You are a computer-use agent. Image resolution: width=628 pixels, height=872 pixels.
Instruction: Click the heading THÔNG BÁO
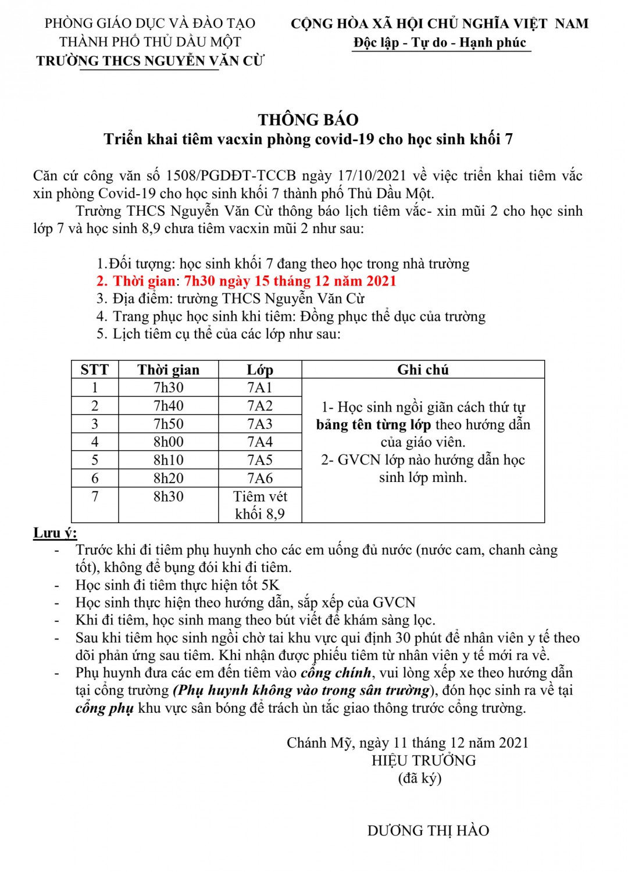tap(308, 120)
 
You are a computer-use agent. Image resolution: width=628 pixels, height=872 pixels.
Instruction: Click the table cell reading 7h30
tap(168, 388)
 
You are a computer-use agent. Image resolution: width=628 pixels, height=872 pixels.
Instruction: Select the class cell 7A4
tap(260, 442)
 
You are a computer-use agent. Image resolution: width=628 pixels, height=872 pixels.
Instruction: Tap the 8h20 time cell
tap(168, 478)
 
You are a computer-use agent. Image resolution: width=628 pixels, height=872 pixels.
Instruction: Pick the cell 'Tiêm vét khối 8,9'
tap(260, 505)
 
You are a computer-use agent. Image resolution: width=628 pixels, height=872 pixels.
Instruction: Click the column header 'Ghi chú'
tap(423, 370)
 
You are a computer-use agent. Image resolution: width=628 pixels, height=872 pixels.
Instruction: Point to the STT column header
tap(95, 370)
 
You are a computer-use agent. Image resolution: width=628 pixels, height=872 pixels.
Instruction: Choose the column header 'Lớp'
tap(260, 370)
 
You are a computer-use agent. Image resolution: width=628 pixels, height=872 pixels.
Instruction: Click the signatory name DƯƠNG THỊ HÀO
tap(428, 831)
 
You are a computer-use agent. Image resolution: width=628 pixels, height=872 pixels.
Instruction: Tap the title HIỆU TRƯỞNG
tap(424, 760)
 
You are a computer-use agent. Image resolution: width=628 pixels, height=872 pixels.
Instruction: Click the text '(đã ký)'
tap(420, 778)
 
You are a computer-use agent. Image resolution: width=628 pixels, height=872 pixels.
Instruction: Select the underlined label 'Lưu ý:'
tap(55, 533)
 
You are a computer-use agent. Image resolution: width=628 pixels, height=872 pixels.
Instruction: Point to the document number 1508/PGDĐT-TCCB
tap(231, 176)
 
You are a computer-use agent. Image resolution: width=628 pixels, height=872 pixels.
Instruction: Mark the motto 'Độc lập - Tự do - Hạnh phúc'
tap(440, 42)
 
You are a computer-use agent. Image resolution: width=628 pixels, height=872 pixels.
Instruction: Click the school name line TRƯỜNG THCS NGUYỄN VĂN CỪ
tap(150, 60)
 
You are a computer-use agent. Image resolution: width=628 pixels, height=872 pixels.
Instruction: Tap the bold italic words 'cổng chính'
tap(336, 673)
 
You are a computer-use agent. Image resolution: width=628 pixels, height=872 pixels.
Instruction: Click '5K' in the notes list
tap(270, 585)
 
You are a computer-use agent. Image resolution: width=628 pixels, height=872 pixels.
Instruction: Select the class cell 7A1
tap(260, 388)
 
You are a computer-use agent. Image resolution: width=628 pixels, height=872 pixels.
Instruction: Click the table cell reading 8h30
tap(168, 496)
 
